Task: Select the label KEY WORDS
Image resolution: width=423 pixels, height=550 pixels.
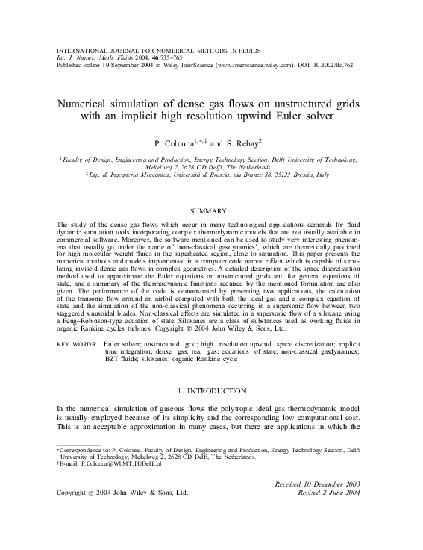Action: point(75,344)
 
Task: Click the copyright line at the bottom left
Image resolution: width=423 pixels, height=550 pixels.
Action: point(122,493)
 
